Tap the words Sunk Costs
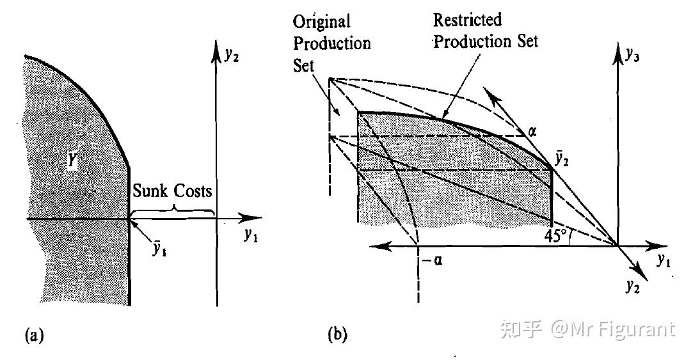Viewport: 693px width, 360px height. (172, 191)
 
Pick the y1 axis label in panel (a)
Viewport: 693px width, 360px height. (251, 235)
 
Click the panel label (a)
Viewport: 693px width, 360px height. (35, 335)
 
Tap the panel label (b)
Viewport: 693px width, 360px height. (338, 334)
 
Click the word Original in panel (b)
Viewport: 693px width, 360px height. (322, 22)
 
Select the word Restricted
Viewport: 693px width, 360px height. (468, 20)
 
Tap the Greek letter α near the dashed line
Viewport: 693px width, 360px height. (532, 131)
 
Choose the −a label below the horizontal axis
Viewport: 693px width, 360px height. (432, 260)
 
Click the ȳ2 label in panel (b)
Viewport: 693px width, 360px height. (561, 159)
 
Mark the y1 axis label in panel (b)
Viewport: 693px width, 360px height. (663, 261)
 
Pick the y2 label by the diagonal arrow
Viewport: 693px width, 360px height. (633, 286)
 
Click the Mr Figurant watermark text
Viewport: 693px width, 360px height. (614, 329)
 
